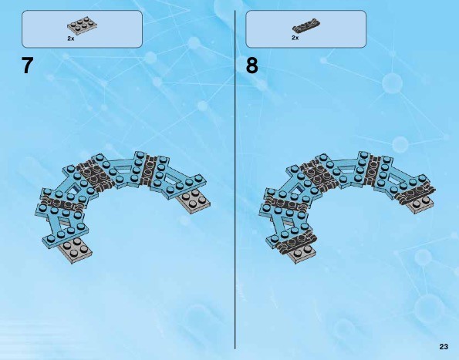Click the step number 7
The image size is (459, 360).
tap(27, 66)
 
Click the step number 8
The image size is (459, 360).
tap(252, 66)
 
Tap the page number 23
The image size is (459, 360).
tap(444, 347)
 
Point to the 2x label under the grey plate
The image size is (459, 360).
tap(71, 39)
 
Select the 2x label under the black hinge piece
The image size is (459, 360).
tap(295, 38)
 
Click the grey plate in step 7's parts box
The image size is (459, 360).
tap(83, 25)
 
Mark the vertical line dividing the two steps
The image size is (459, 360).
tap(235, 180)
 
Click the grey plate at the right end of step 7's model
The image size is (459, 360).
tap(194, 201)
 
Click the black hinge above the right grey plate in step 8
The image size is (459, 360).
tap(415, 193)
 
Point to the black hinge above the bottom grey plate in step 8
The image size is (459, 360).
tap(298, 241)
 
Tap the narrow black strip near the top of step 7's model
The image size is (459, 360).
tap(150, 171)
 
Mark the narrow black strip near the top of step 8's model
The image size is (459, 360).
tap(374, 171)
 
